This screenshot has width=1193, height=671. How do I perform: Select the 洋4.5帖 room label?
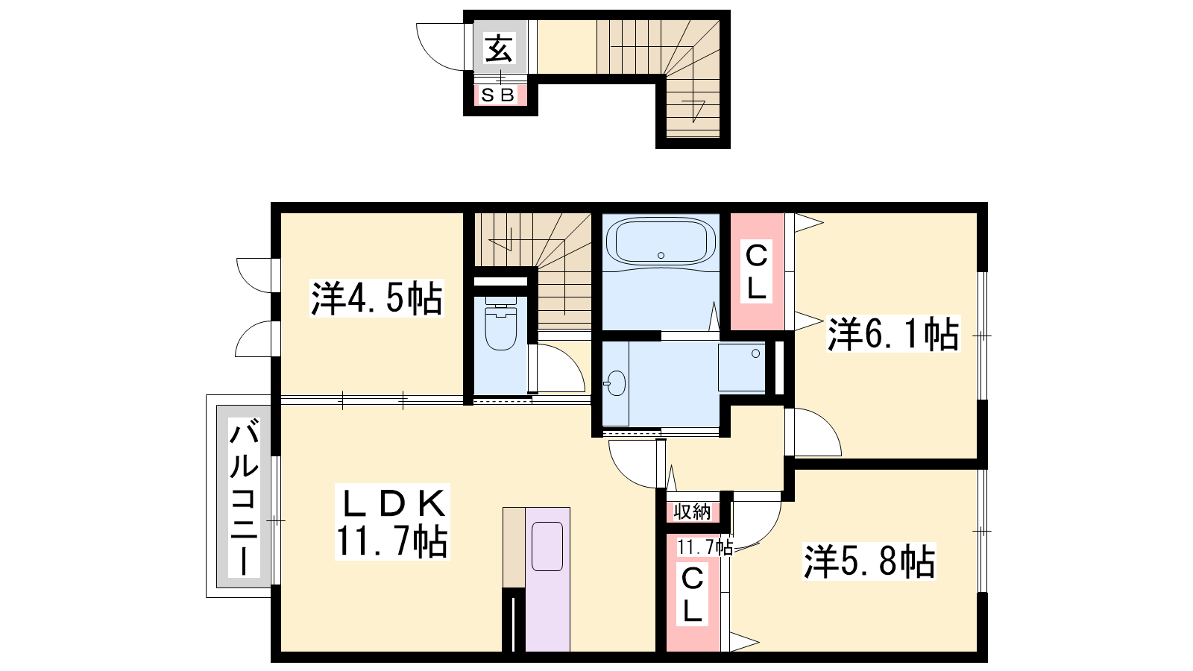coord(377,298)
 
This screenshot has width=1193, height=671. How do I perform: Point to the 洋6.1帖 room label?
coord(893,334)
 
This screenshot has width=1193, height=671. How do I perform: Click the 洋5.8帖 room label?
coord(869,561)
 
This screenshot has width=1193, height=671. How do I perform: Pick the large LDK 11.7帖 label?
coord(392,522)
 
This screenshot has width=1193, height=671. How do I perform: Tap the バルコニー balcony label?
coord(244,497)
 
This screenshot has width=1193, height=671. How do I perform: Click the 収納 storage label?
coord(692,511)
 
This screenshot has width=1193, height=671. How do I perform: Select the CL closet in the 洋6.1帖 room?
coord(756,271)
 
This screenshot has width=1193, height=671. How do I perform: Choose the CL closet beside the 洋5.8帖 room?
coord(693,593)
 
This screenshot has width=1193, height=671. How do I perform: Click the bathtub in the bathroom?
coord(661,243)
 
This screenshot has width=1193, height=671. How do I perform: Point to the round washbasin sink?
coord(616,383)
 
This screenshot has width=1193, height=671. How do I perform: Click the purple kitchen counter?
coord(547,579)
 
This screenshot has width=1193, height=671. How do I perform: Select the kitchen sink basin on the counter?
coord(547,546)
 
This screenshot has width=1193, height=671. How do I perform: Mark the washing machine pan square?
coord(742,368)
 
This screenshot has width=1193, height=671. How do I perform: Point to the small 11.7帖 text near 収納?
coord(705,547)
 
